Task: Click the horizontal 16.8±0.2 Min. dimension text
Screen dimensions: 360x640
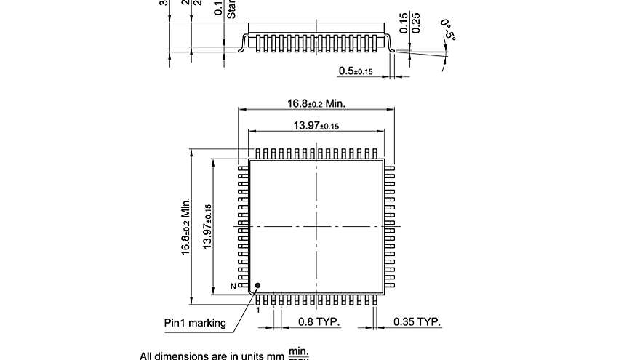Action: (x=316, y=103)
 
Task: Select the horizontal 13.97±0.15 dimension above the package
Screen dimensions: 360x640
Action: (x=316, y=126)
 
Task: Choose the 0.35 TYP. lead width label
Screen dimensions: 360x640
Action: (x=417, y=321)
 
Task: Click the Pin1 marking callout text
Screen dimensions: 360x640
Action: (x=194, y=323)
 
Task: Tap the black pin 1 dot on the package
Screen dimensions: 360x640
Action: (x=257, y=286)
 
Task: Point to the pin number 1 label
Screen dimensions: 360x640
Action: (x=257, y=309)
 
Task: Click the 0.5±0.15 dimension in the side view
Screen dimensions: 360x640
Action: (x=356, y=71)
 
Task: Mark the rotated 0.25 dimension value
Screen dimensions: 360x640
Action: (x=416, y=23)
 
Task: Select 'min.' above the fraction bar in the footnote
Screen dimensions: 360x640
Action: (x=299, y=351)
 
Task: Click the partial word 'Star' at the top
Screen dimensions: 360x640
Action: (x=231, y=9)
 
